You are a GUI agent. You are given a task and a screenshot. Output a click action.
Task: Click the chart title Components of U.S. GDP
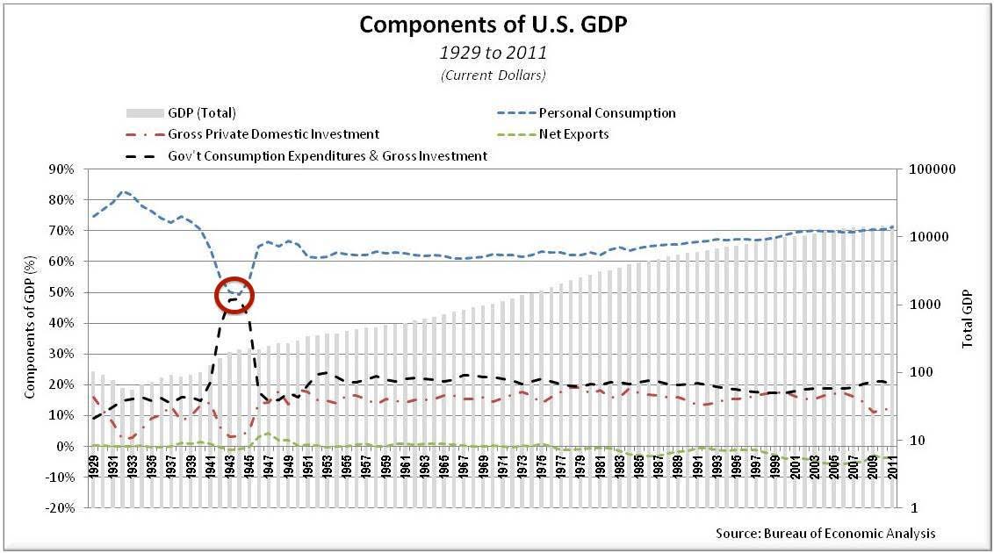[x=493, y=25]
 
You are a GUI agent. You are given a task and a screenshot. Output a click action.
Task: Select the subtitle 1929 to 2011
[x=493, y=54]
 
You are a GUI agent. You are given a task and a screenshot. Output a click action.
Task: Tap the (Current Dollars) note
[x=493, y=75]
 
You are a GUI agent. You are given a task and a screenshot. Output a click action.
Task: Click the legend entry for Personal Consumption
[x=607, y=112]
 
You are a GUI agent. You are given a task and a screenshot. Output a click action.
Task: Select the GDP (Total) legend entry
[x=201, y=112]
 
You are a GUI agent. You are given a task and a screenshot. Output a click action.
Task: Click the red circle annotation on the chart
[x=235, y=296]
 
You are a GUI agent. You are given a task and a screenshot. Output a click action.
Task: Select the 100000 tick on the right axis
[x=934, y=169]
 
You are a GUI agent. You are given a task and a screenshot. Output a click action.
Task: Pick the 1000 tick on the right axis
[x=928, y=305]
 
